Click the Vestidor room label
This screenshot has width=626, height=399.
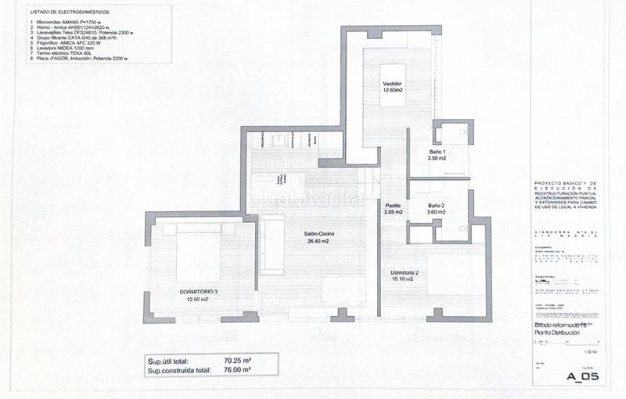click(392, 83)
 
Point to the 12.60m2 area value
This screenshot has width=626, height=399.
click(392, 90)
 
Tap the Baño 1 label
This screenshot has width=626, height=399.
click(437, 151)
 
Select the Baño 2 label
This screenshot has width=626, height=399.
click(437, 205)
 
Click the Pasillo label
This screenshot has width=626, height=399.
click(394, 205)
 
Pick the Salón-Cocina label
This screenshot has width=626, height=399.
click(320, 234)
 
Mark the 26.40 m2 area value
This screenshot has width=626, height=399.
click(320, 242)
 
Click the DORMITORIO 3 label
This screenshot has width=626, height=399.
click(192, 293)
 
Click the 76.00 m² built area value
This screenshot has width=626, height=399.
click(236, 372)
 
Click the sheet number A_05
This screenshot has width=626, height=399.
click(582, 377)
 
